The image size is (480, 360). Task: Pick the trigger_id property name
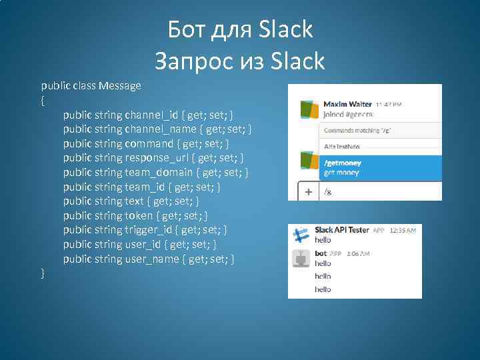pyautogui.click(x=149, y=230)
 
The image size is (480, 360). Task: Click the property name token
pyautogui.click(x=139, y=215)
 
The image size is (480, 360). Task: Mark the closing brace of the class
pyautogui.click(x=43, y=273)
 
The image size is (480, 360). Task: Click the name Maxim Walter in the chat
pyautogui.click(x=347, y=104)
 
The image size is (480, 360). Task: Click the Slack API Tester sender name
pyautogui.click(x=341, y=229)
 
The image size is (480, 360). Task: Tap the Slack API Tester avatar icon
pyautogui.click(x=301, y=235)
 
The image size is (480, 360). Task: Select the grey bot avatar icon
pyautogui.click(x=301, y=258)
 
